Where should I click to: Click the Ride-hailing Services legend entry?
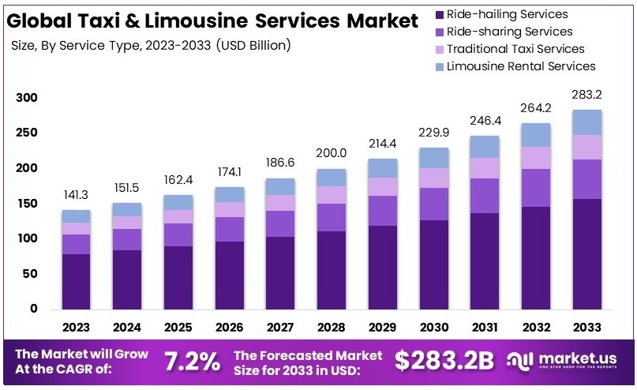pyautogui.click(x=506, y=14)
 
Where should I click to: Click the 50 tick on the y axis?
pyautogui.click(x=30, y=274)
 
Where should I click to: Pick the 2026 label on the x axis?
pyautogui.click(x=229, y=327)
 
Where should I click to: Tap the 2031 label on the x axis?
pyautogui.click(x=485, y=327)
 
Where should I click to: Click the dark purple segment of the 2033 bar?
pyautogui.click(x=587, y=253)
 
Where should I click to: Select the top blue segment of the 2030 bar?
pyautogui.click(x=433, y=157)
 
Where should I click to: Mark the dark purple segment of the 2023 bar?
pyautogui.click(x=76, y=281)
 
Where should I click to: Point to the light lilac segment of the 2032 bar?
pyautogui.click(x=536, y=158)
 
